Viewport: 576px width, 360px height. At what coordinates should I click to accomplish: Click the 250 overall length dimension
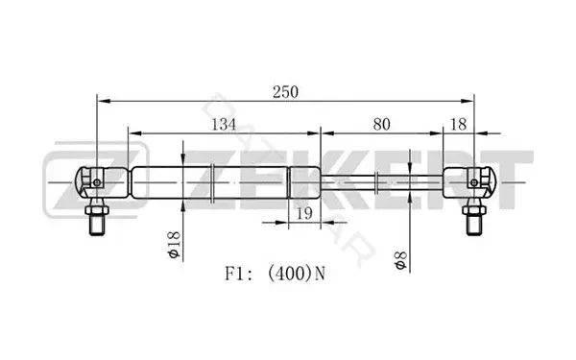pos(285,92)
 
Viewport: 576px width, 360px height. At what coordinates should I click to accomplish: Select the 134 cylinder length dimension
pos(224,125)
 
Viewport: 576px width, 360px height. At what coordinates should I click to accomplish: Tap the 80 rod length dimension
pos(382,125)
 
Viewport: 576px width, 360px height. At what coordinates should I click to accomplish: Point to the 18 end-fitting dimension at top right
pos(458,125)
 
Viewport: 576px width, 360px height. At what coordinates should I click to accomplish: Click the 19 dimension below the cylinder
pos(304,213)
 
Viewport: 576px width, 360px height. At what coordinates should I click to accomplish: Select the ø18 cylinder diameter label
pos(174,245)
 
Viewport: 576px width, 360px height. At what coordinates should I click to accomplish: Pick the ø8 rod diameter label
pos(401,261)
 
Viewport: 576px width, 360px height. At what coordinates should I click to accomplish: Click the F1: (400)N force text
pos(276,274)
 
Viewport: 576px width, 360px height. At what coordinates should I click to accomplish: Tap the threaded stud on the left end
pos(97,225)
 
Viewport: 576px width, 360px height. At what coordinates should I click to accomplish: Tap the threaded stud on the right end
pos(474,225)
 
